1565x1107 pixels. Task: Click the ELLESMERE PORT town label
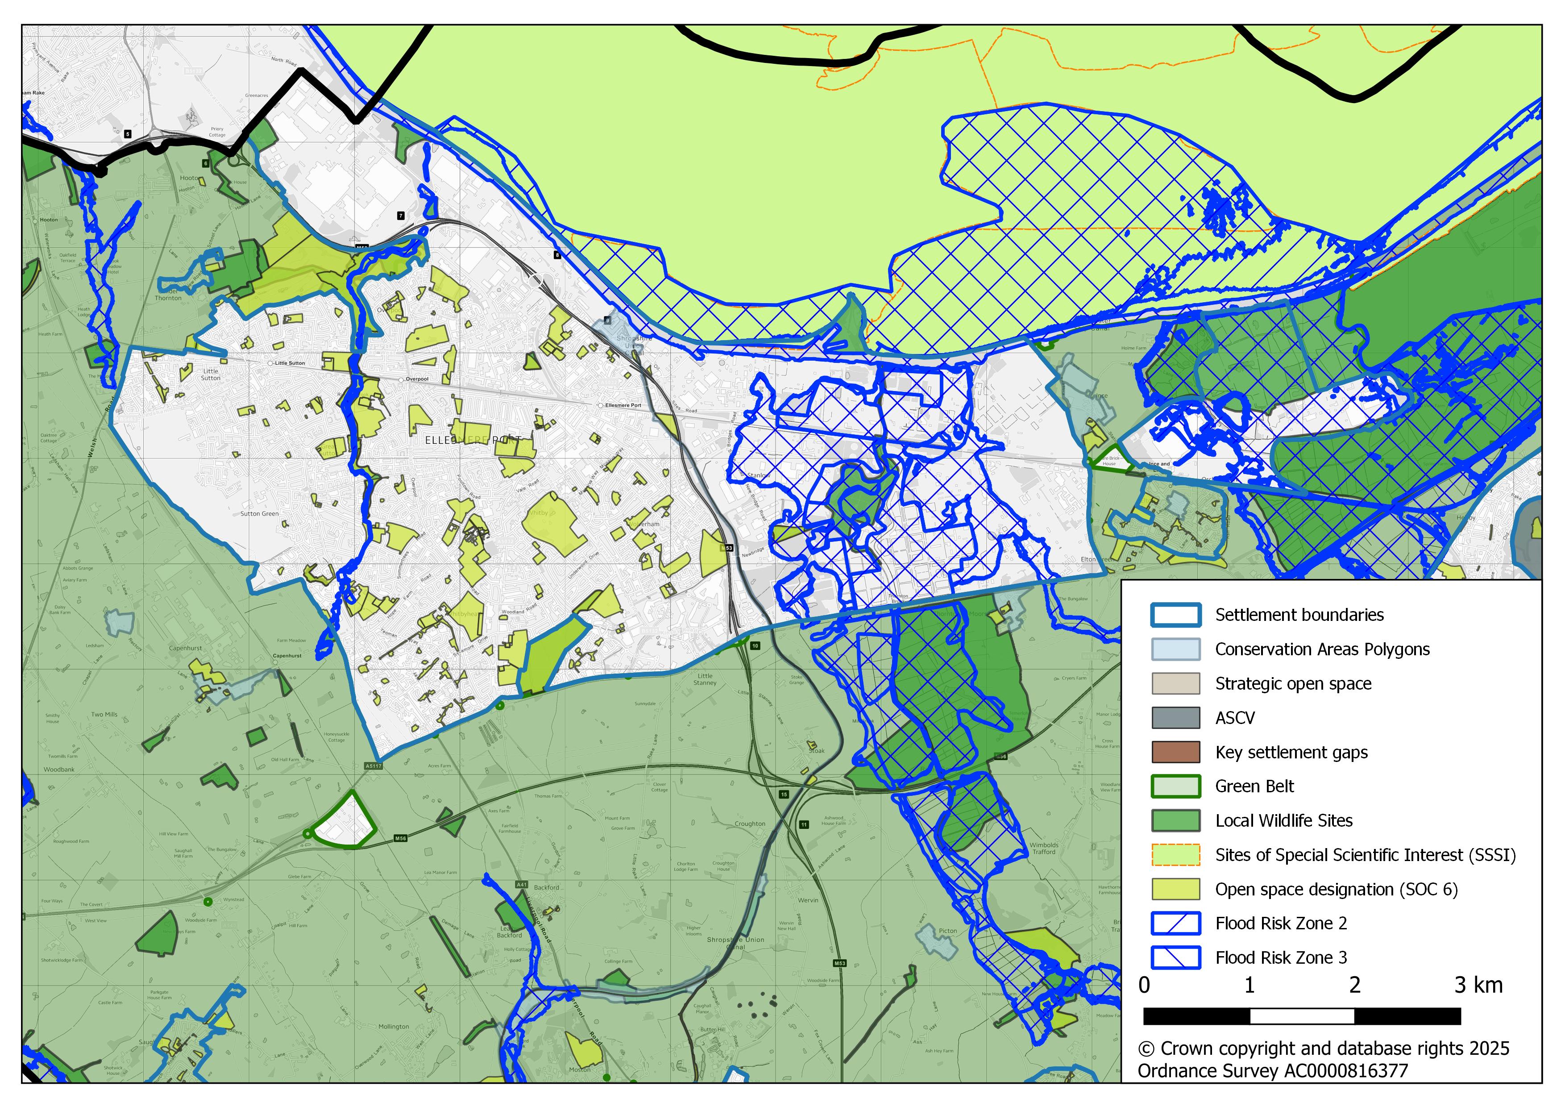point(473,441)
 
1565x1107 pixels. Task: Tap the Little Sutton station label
point(290,363)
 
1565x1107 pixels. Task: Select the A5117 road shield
point(374,766)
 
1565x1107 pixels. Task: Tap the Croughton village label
point(750,824)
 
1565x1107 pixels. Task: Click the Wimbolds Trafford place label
point(1044,849)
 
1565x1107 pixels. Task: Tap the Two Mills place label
point(104,715)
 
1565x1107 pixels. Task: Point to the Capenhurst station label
point(287,656)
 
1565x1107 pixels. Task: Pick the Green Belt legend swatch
point(1175,787)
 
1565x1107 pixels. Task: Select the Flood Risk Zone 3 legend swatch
point(1175,958)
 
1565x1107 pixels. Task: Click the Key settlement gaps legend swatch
point(1175,753)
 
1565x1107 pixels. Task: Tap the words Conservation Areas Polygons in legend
point(1322,649)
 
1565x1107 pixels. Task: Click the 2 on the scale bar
point(1354,986)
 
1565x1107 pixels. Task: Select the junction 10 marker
point(755,645)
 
